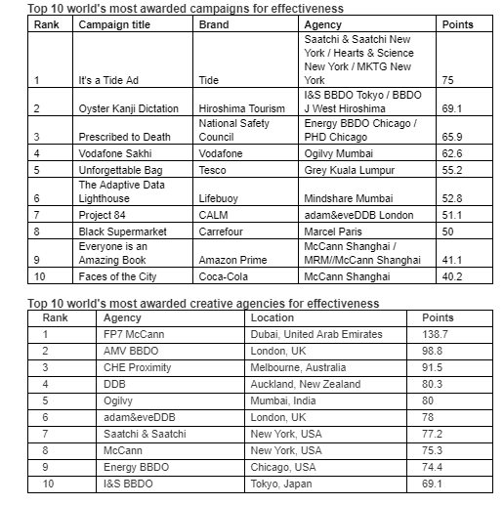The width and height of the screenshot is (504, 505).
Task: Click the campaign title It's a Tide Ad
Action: pos(112,80)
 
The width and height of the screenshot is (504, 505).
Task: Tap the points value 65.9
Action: pos(451,138)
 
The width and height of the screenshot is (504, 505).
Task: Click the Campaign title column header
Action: pos(121,24)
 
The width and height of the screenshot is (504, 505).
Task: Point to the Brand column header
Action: pos(214,24)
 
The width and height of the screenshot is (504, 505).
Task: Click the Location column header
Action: pos(272,317)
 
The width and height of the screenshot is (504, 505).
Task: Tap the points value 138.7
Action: pos(439,333)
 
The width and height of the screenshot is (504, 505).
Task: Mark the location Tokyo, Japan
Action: pos(282,483)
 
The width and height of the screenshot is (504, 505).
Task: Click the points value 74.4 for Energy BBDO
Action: pos(436,466)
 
